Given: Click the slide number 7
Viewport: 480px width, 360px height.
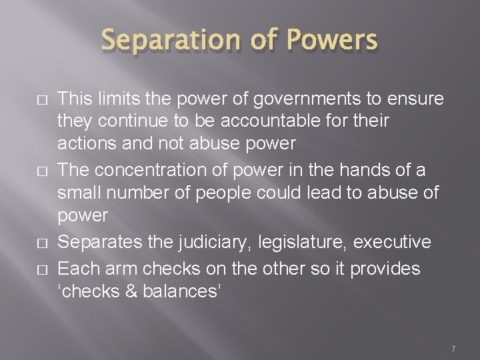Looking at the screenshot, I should [x=453, y=348].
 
